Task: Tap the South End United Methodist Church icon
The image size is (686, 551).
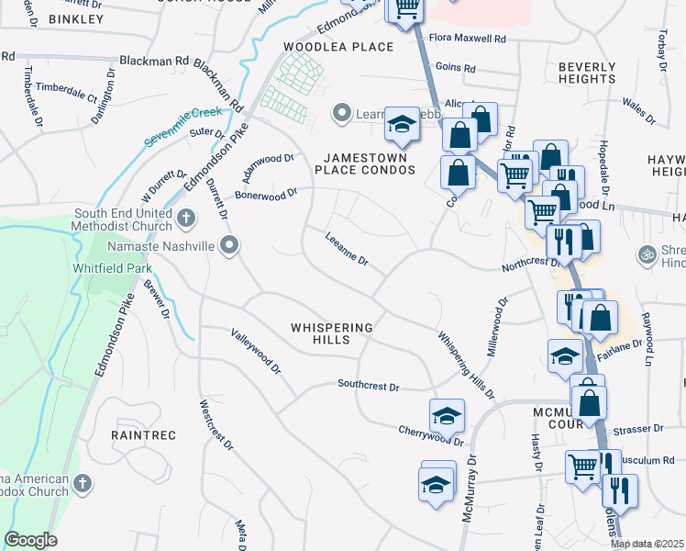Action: point(186,219)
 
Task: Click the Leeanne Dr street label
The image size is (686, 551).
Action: point(347,250)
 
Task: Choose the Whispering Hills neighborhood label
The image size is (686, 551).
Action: point(332,333)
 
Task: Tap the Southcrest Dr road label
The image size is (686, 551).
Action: point(368,386)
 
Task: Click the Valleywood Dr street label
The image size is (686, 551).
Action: point(256,351)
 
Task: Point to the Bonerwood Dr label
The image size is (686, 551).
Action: point(267,194)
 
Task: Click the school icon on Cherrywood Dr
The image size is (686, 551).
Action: point(447,416)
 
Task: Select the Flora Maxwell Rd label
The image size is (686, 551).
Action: point(468,39)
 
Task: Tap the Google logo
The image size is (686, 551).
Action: point(31,540)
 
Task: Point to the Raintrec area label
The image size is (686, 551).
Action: point(138,433)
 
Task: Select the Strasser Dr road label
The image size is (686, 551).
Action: point(639,429)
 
